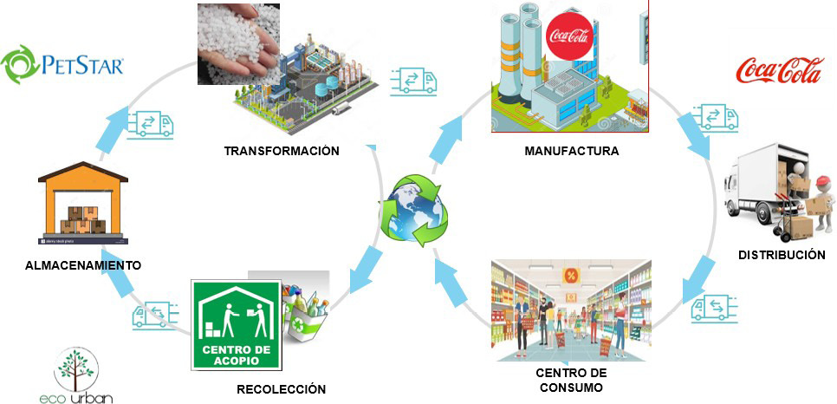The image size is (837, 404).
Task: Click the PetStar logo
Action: click(62, 64)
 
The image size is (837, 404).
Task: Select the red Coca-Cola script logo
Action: click(779, 72)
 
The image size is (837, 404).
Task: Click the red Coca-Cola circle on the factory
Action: click(569, 36)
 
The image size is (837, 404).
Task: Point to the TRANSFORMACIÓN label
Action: click(282, 151)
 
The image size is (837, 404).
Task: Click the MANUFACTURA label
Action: click(572, 151)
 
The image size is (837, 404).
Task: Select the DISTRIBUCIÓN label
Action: click(782, 254)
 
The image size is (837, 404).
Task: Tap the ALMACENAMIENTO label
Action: click(83, 265)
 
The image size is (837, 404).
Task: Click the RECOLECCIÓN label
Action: click(282, 389)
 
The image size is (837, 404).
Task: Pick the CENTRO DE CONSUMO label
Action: click(571, 380)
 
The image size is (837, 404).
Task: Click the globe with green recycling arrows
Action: click(412, 211)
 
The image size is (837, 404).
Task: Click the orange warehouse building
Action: click(82, 203)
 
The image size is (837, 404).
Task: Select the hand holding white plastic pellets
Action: click(238, 44)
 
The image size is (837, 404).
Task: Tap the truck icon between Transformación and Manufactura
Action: click(413, 81)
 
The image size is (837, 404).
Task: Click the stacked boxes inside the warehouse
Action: click(82, 219)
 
